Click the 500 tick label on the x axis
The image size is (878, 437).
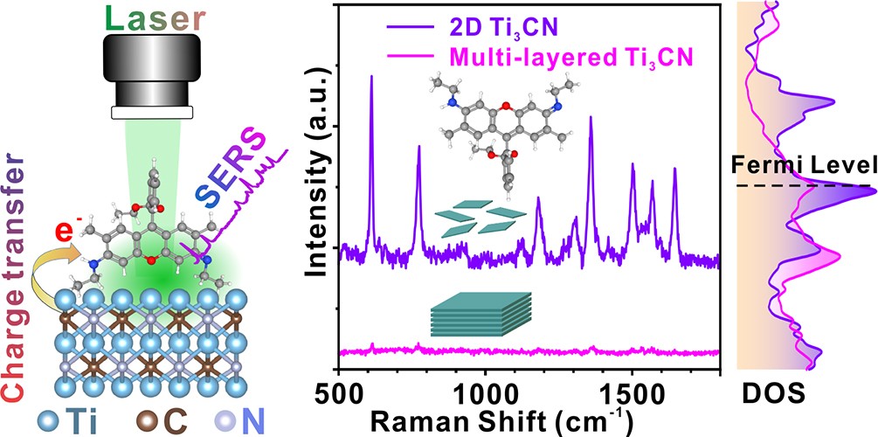tap(339, 385)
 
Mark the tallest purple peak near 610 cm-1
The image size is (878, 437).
tap(371, 79)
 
